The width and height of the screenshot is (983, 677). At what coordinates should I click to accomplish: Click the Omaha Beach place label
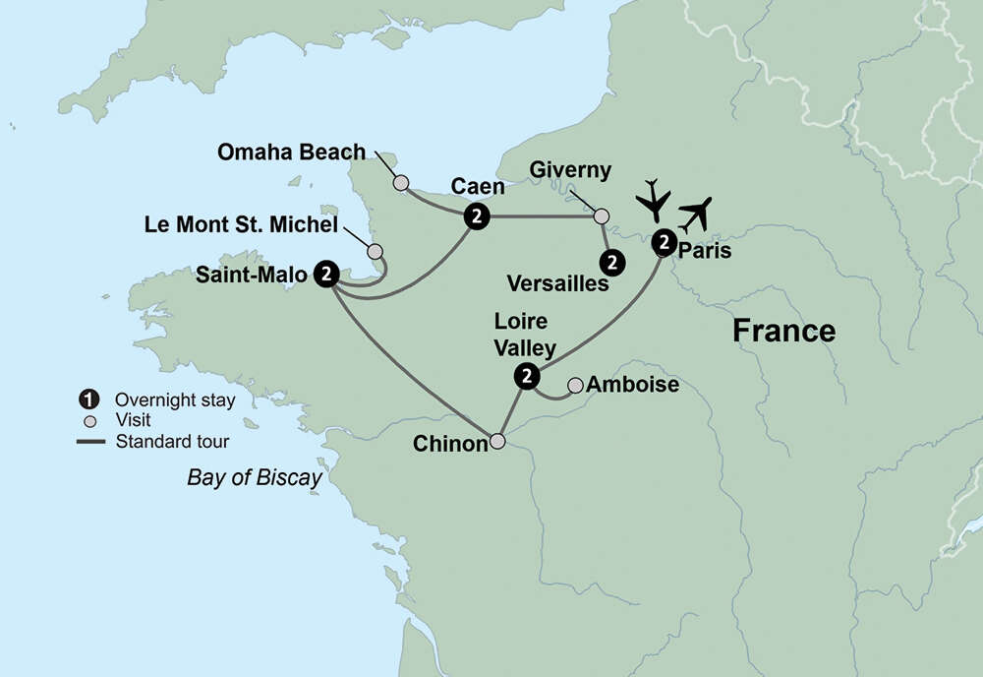pos(291,153)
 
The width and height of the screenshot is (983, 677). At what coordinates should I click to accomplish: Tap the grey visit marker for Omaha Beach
pos(400,183)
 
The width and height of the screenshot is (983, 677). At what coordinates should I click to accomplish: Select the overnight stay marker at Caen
pos(477,216)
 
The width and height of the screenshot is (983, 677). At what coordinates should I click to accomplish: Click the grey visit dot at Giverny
pos(602,215)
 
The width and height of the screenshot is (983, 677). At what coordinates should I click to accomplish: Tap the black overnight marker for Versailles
pos(612,262)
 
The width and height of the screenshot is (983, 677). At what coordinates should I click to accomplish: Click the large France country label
pos(783,331)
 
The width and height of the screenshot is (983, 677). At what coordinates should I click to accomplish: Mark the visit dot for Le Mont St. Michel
pos(375,252)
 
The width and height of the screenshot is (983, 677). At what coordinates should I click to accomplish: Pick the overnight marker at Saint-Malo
pos(326,275)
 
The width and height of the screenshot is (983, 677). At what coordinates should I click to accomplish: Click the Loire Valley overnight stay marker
pos(528,376)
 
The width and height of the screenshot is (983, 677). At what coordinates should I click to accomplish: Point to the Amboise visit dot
pos(575,385)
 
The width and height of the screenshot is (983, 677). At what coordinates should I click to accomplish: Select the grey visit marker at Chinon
pos(498,442)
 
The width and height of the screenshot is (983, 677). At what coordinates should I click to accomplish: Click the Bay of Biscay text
pos(255,478)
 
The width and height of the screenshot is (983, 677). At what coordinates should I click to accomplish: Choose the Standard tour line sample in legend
pos(89,441)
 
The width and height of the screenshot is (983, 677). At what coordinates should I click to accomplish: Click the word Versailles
pos(558,284)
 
